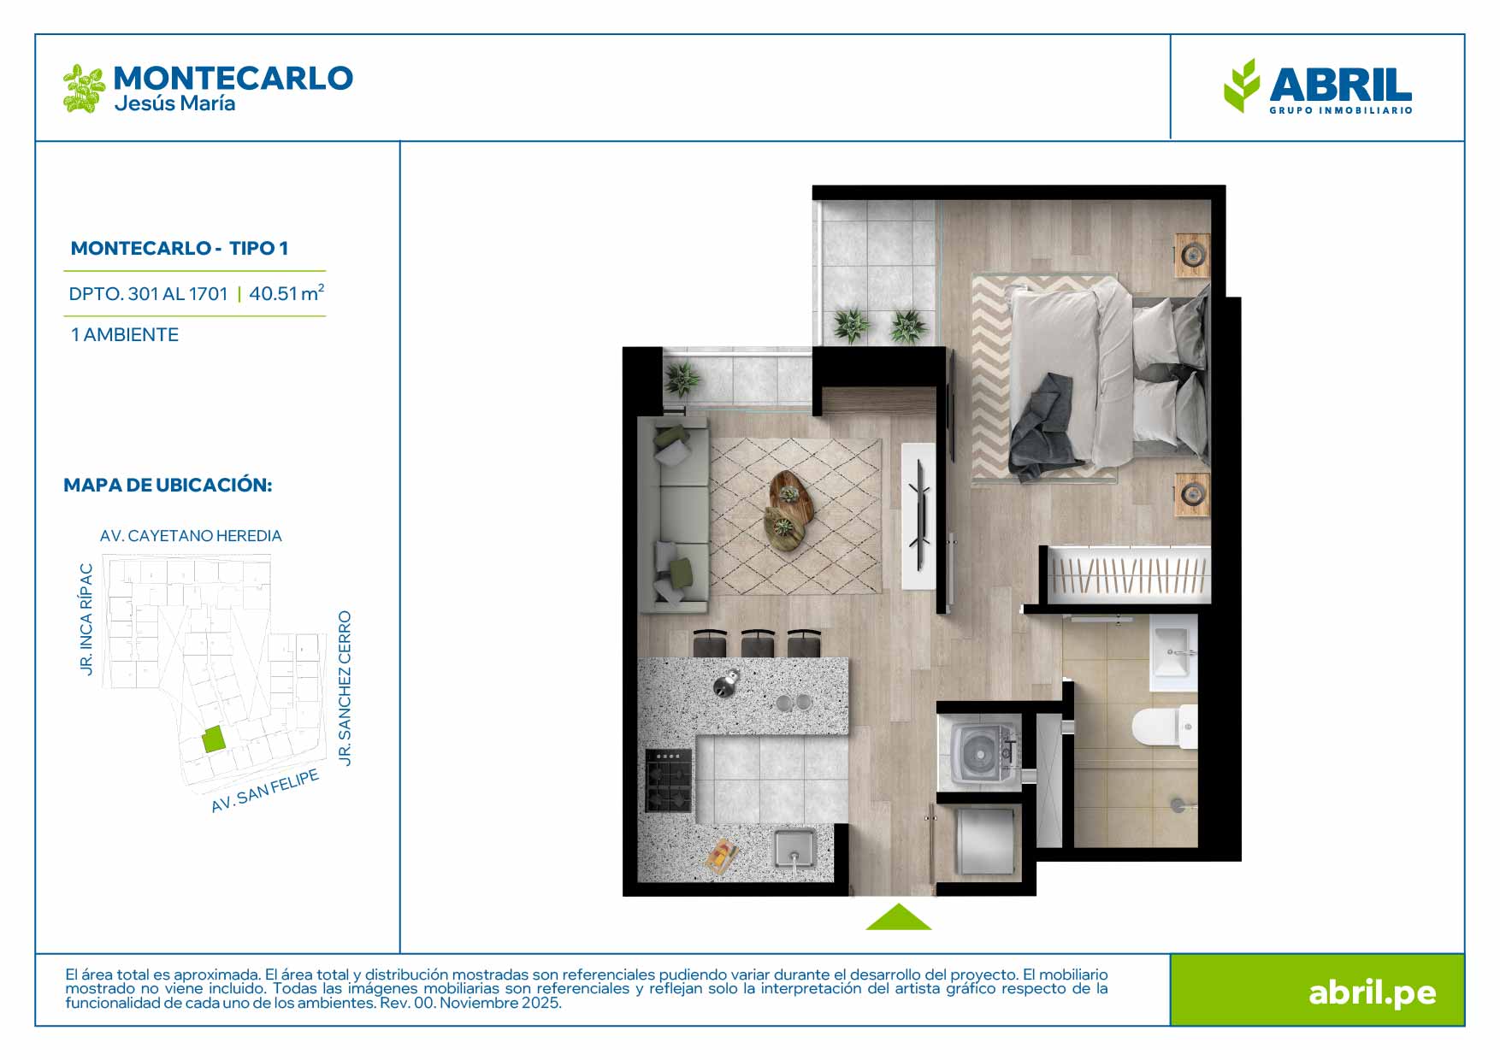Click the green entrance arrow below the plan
[x=898, y=917]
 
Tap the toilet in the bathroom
[x=1165, y=726]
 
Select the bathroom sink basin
[x=1172, y=652]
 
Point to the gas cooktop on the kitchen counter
[x=668, y=780]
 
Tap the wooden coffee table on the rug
[x=790, y=509]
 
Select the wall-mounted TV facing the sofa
[x=918, y=515]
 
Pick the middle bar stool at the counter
[x=758, y=643]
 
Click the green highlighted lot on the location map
[x=214, y=739]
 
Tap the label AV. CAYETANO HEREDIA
[x=191, y=536]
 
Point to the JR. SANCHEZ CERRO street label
[x=345, y=688]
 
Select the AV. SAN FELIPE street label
[x=265, y=791]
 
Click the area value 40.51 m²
[x=286, y=293]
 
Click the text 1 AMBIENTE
[x=125, y=335]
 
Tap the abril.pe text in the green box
[x=1372, y=992]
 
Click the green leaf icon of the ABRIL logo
[x=1242, y=85]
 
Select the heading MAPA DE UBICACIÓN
[x=168, y=485]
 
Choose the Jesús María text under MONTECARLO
[x=174, y=103]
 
